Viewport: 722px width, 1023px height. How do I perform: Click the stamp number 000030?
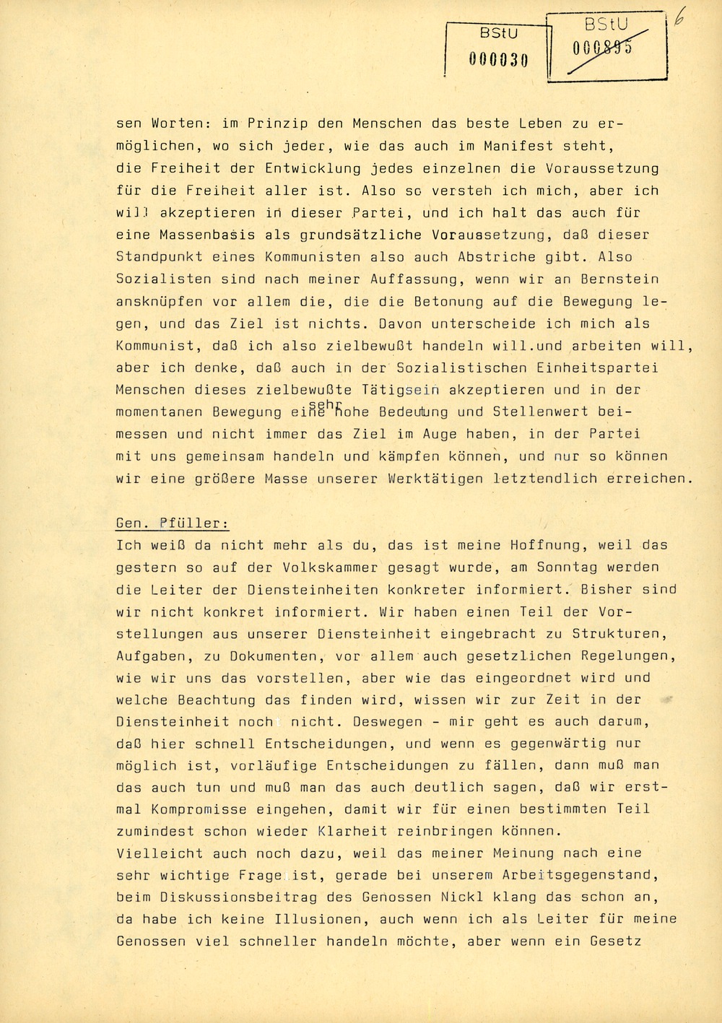click(498, 60)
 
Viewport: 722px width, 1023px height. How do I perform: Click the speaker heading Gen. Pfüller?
click(173, 523)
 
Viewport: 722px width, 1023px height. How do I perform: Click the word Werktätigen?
click(435, 479)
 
